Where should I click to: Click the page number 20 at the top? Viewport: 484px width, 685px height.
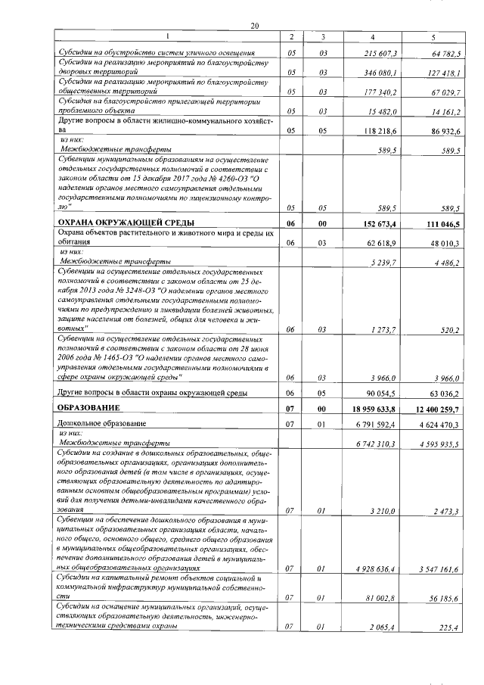pos(255,26)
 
